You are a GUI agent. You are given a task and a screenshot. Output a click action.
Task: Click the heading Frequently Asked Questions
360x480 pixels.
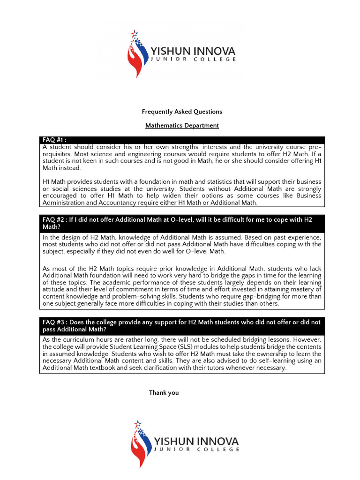tap(182, 112)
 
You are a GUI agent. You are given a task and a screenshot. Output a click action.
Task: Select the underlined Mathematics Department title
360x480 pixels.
tap(182, 126)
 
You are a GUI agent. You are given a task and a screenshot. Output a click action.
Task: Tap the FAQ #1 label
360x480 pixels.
tap(54, 140)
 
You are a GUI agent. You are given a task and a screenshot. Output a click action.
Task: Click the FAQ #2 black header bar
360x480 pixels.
tap(182, 223)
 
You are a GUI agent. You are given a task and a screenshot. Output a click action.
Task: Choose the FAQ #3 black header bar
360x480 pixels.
tap(182, 326)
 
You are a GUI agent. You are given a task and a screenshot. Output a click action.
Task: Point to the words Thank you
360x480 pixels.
tap(164, 393)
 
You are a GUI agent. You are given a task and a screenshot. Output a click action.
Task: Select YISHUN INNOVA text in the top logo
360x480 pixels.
tap(192, 51)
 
